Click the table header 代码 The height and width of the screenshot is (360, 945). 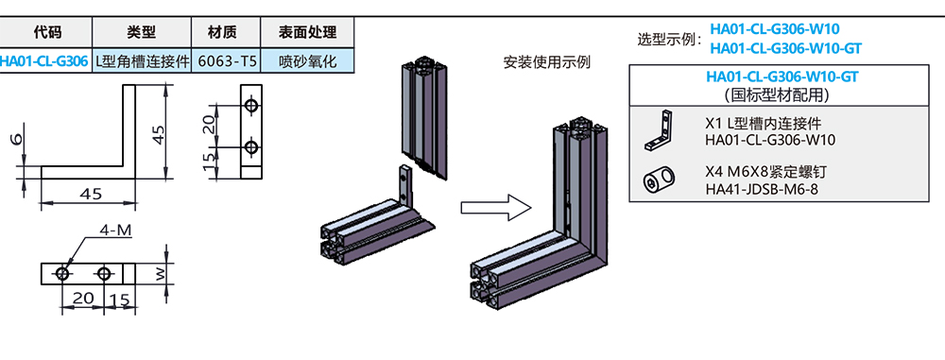[x=46, y=31]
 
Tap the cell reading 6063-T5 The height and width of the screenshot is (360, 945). [x=225, y=61]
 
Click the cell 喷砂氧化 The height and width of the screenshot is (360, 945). [x=307, y=61]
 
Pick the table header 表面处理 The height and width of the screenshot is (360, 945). [x=307, y=31]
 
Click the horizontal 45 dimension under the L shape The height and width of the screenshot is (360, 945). [x=91, y=194]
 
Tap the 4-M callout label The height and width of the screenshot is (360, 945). [x=110, y=231]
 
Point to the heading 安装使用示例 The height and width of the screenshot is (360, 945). [x=547, y=62]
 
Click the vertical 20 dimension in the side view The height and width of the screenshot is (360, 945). [x=210, y=124]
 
